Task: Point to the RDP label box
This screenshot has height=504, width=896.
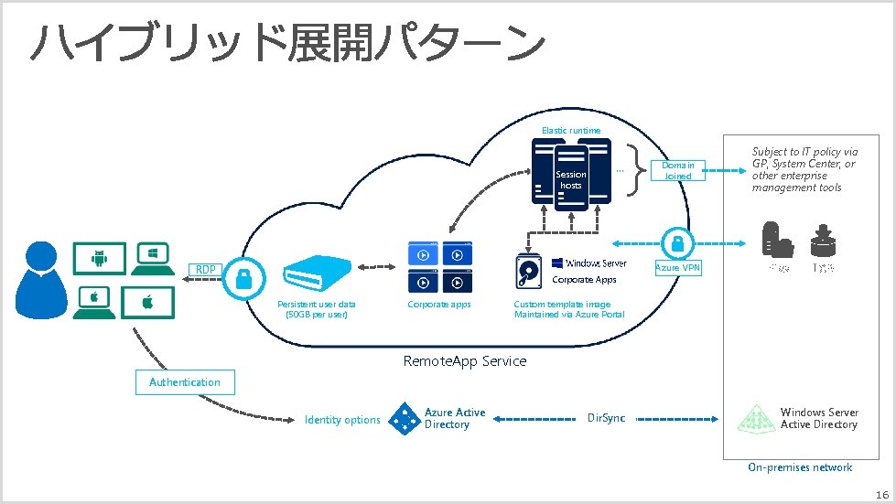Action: (x=204, y=269)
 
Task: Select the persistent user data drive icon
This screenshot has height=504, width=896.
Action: (x=317, y=271)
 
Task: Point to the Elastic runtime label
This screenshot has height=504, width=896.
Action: (x=571, y=131)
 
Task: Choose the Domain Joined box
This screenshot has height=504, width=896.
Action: (x=678, y=171)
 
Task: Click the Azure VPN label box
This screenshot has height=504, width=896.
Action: (x=677, y=268)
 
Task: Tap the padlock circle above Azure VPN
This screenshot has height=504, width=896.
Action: (x=677, y=243)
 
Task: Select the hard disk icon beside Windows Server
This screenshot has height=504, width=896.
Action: (x=531, y=271)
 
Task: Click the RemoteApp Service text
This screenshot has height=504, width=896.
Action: (x=465, y=361)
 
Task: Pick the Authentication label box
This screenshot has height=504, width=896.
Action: (x=185, y=382)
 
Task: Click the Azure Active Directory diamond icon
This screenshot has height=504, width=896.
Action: (x=404, y=419)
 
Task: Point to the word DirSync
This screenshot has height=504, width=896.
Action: (x=606, y=418)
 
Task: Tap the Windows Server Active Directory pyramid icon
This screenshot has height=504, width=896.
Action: (x=758, y=419)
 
